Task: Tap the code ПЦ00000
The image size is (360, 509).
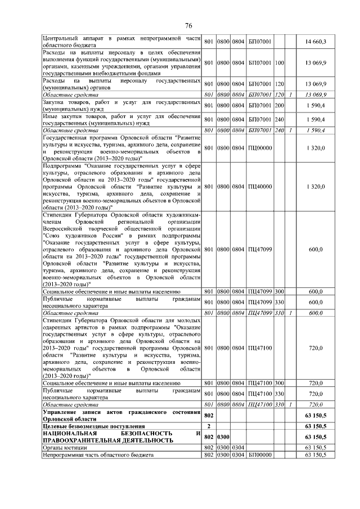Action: [260, 148]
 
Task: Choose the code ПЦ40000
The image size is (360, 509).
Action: [260, 186]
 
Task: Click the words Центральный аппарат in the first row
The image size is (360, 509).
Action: [71, 38]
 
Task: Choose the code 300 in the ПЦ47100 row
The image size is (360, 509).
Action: [280, 383]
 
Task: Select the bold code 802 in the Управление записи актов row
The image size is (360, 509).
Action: [208, 415]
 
